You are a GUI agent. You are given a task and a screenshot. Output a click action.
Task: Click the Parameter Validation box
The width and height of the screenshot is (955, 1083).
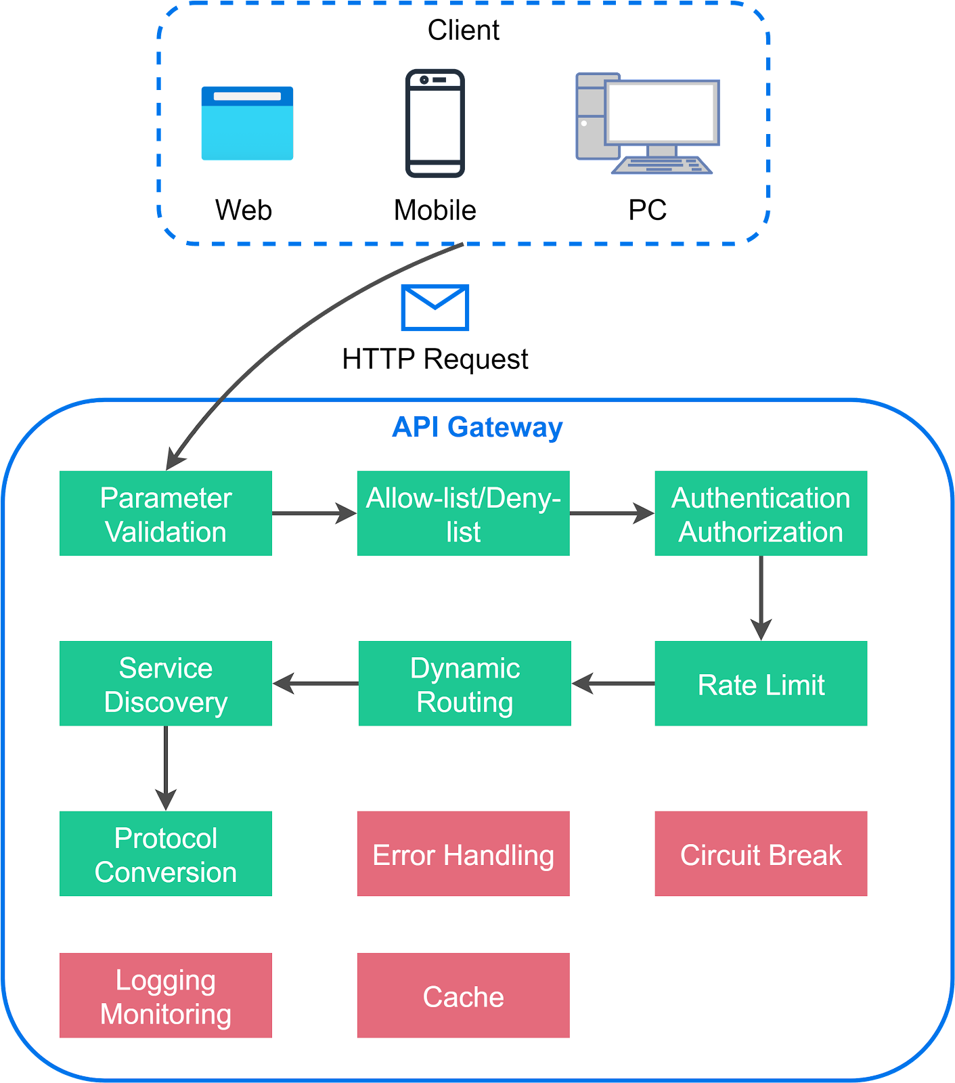pyautogui.click(x=166, y=514)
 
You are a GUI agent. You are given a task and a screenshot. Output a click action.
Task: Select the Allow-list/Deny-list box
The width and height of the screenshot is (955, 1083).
pyautogui.click(x=464, y=514)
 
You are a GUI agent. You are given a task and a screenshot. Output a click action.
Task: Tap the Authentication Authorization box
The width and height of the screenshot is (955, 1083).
pyautogui.click(x=761, y=514)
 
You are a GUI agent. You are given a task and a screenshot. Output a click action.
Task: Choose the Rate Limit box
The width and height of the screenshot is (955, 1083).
pyautogui.click(x=761, y=684)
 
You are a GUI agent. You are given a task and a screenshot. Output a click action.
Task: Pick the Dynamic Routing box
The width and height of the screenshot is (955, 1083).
pyautogui.click(x=465, y=684)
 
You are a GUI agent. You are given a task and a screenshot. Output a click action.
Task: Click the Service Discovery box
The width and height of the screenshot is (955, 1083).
pyautogui.click(x=166, y=684)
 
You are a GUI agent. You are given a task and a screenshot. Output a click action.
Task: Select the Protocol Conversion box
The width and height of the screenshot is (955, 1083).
pyautogui.click(x=166, y=854)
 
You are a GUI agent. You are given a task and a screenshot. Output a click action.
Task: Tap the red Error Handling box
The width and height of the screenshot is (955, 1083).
pyautogui.click(x=464, y=854)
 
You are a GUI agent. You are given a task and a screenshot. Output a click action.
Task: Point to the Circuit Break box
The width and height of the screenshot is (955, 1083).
pyautogui.click(x=761, y=854)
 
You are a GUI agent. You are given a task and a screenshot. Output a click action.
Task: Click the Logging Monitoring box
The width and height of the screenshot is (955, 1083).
pyautogui.click(x=166, y=996)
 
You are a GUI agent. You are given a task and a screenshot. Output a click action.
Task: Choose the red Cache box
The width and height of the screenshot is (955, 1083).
pyautogui.click(x=464, y=996)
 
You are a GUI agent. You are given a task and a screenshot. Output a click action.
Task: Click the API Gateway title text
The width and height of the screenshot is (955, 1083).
pyautogui.click(x=477, y=428)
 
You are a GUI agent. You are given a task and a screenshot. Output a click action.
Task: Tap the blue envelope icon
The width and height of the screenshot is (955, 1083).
pyautogui.click(x=435, y=308)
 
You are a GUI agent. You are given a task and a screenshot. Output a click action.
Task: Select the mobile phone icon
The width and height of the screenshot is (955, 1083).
pyautogui.click(x=435, y=123)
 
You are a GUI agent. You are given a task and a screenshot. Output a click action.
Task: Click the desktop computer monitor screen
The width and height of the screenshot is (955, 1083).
pyautogui.click(x=662, y=112)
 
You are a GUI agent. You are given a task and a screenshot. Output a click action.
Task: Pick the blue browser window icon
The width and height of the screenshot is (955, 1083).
pyautogui.click(x=247, y=123)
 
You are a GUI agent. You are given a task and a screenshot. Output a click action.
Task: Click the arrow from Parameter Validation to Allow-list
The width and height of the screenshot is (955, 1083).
pyautogui.click(x=313, y=514)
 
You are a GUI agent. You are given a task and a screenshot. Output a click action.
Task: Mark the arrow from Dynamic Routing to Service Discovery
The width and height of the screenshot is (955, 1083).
pyautogui.click(x=316, y=684)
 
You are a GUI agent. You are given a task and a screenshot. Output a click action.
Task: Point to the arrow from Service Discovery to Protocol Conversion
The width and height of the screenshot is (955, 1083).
pyautogui.click(x=166, y=768)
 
